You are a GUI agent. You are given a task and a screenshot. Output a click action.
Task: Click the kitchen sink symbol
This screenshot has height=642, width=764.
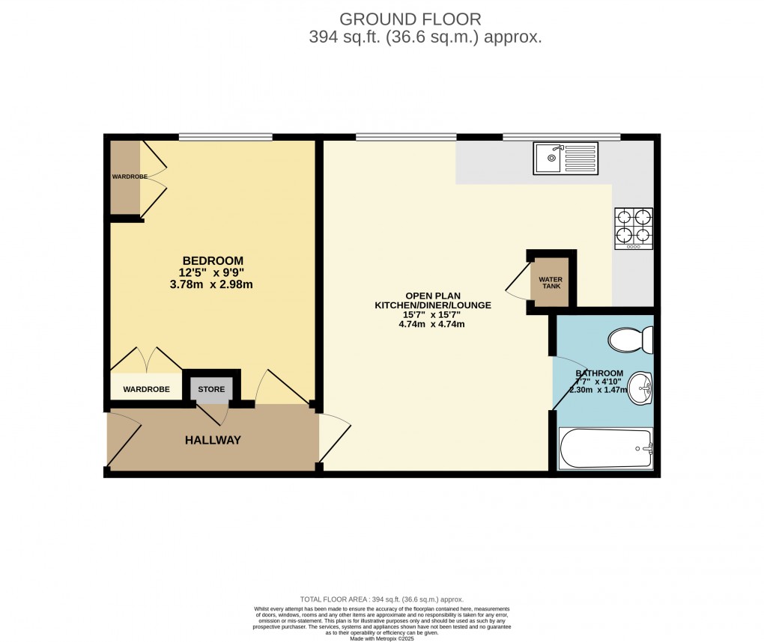tap(566, 158)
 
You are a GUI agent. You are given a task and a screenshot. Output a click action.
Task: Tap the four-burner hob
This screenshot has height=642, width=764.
tap(634, 228)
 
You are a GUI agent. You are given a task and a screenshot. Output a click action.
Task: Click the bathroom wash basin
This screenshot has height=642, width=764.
tap(640, 388)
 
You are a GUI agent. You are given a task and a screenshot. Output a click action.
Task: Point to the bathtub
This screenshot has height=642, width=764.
tap(605, 448)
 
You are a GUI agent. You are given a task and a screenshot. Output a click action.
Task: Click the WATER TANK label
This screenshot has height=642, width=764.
tap(551, 283)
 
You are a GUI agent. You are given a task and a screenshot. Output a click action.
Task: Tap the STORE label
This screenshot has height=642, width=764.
tap(211, 389)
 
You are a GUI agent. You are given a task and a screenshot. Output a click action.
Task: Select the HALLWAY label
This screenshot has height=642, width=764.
tap(213, 440)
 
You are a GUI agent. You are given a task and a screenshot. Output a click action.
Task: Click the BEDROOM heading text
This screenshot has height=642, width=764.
tap(213, 260)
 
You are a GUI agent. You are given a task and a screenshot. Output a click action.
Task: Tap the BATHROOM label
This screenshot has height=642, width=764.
tap(599, 373)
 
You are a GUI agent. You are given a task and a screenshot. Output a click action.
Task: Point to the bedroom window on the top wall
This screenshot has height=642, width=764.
tap(225, 137)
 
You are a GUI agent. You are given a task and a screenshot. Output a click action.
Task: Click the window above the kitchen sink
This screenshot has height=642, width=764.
tap(561, 137)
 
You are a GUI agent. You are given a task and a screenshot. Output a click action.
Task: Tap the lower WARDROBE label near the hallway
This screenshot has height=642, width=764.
tap(146, 389)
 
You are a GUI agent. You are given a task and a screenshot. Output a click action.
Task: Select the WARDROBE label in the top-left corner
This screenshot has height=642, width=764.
tap(129, 177)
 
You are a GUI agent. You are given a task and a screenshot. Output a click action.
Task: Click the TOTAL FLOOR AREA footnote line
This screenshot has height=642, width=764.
tap(381, 599)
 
